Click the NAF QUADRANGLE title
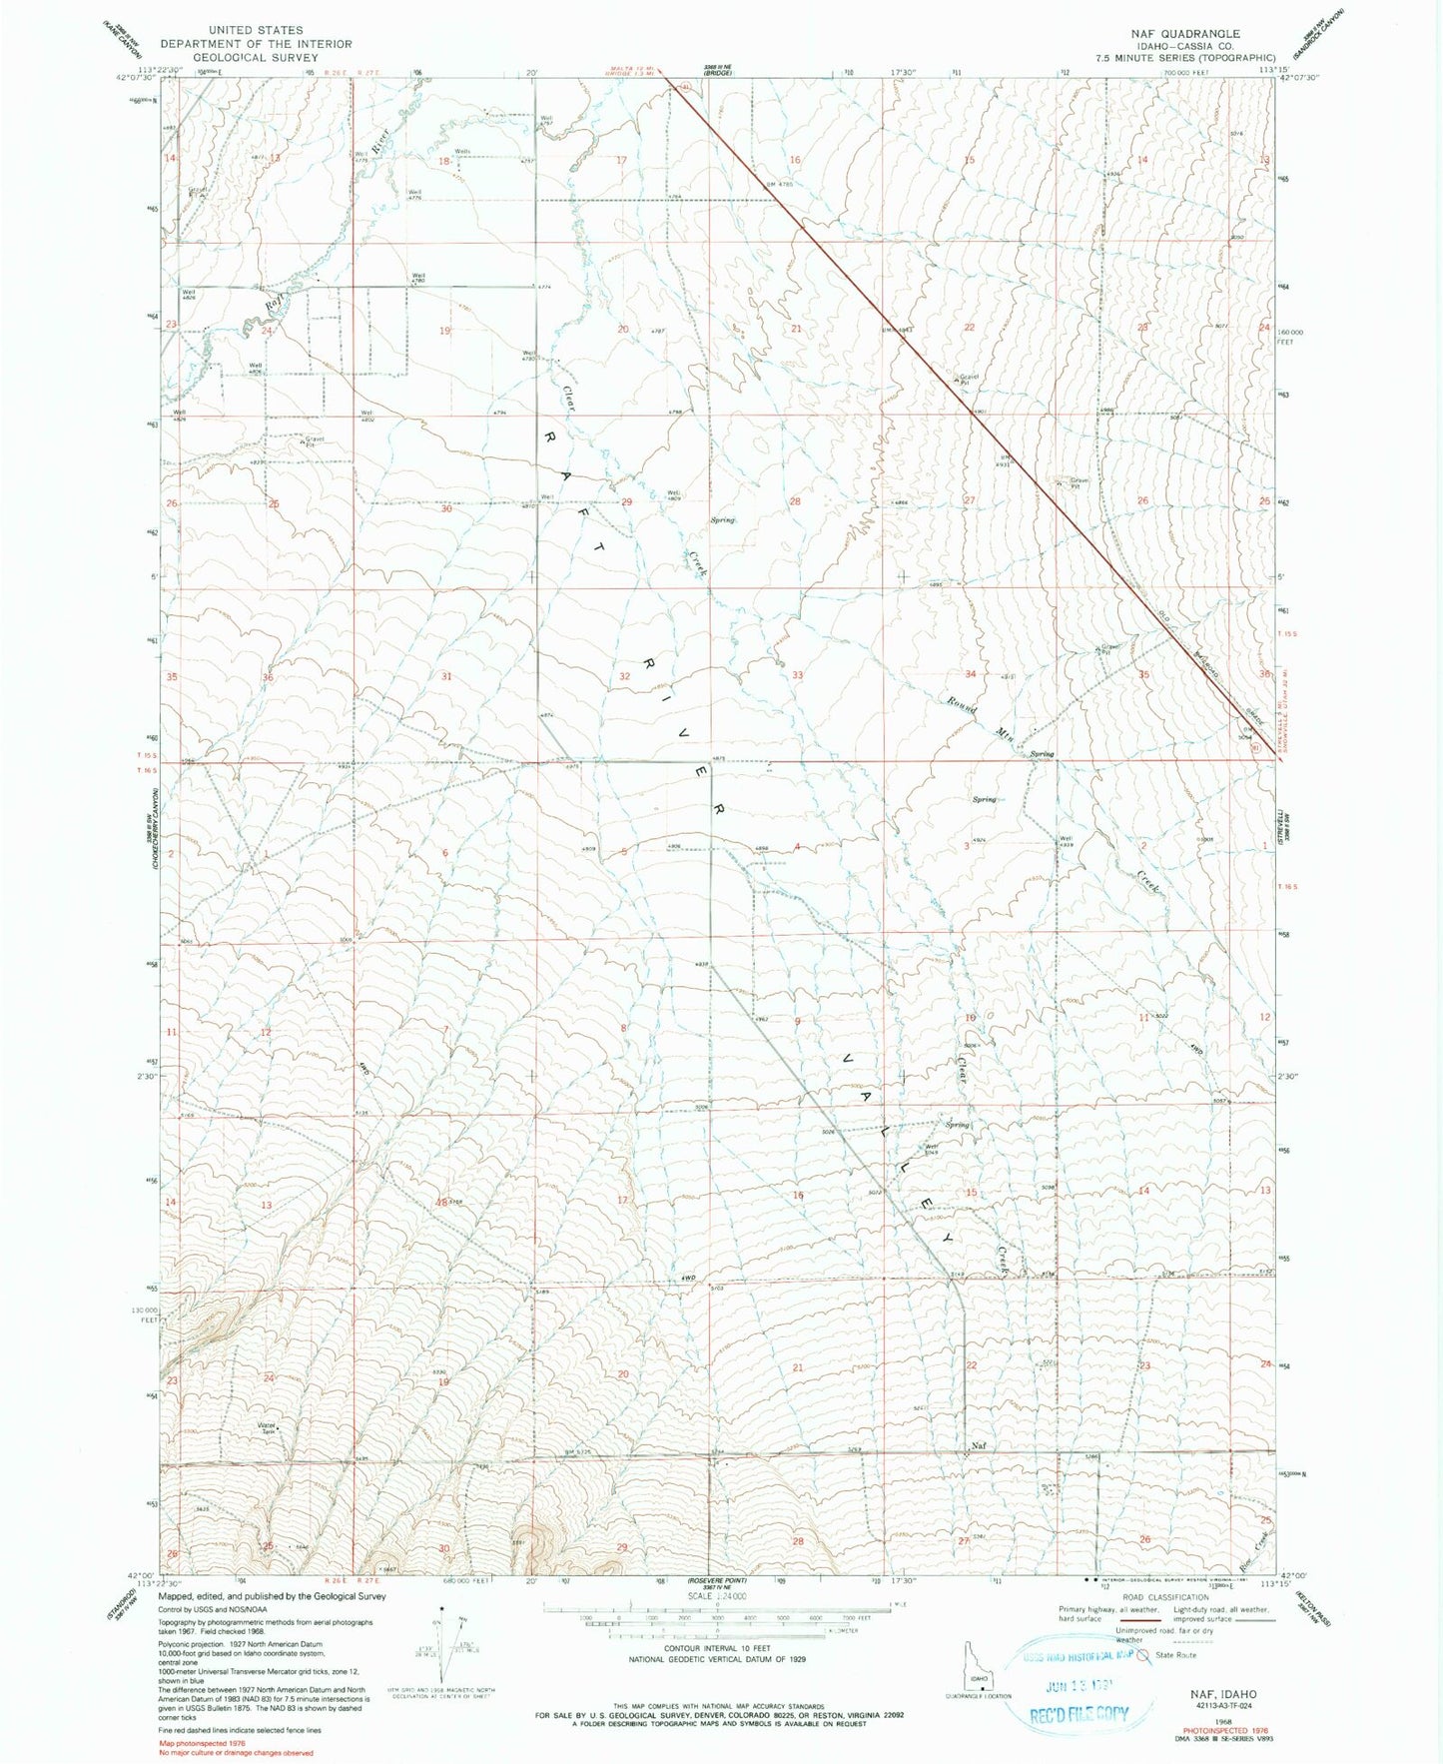tap(1185, 33)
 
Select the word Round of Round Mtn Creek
tap(963, 706)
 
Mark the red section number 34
tap(970, 674)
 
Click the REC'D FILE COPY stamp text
tap(1080, 1714)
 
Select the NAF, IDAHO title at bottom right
tap(1223, 1694)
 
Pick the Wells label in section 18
tap(462, 152)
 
